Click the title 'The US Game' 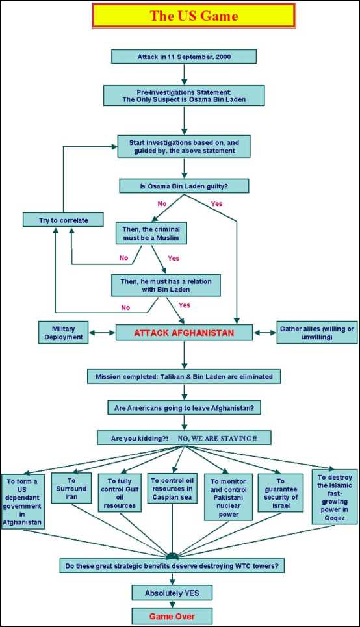click(x=194, y=16)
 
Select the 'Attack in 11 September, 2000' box click(x=184, y=57)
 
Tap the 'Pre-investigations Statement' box click(x=184, y=96)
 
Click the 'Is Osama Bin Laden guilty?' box click(x=184, y=186)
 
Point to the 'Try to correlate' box click(x=63, y=220)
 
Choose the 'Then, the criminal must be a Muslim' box click(x=151, y=233)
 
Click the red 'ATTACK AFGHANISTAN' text click(x=184, y=333)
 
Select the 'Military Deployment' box click(x=64, y=333)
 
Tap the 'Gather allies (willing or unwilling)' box click(x=317, y=333)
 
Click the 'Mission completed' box click(x=184, y=376)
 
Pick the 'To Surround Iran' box click(x=71, y=488)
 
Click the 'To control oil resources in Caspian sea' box click(x=172, y=488)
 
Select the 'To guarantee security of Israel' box click(x=281, y=493)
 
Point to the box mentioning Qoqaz click(x=335, y=497)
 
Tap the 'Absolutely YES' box click(x=172, y=593)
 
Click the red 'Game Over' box click(x=172, y=616)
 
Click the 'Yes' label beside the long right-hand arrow click(x=216, y=203)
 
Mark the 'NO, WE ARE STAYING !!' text click(x=217, y=438)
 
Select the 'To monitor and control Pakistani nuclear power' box click(x=228, y=497)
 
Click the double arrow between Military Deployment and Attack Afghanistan click(x=102, y=333)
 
